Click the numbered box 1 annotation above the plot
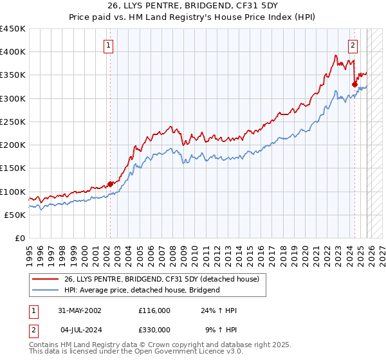click(x=108, y=45)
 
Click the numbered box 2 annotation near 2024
click(x=353, y=45)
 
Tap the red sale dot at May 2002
click(x=110, y=184)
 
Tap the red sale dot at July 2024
click(x=354, y=84)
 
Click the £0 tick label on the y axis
click(x=19, y=238)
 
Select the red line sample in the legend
click(x=46, y=279)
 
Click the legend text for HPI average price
click(x=142, y=290)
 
